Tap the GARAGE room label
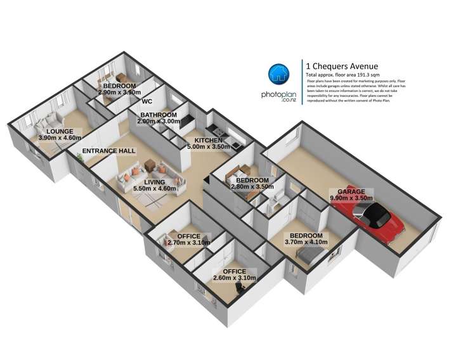351,191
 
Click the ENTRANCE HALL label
108,151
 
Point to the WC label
147,101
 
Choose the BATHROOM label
158,115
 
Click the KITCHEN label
208,140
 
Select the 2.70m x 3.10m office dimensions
190,243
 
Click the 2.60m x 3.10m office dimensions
234,278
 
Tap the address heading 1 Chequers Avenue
342,65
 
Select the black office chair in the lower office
240,289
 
